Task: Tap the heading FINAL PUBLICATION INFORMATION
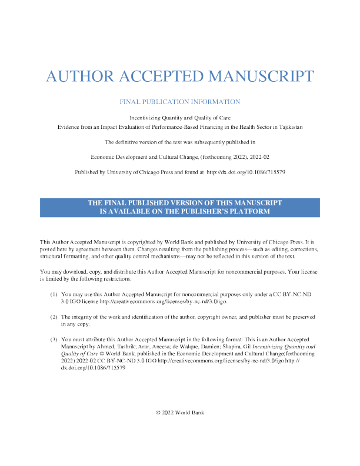point(179,102)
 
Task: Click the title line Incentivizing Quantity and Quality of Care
point(179,118)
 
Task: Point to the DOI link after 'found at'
point(246,172)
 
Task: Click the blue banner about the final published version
point(179,208)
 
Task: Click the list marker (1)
point(54,294)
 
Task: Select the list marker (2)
point(54,317)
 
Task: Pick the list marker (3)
point(54,339)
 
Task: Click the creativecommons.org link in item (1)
point(164,301)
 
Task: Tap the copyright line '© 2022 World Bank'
point(180,412)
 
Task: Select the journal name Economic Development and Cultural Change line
point(179,157)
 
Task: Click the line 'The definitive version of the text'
point(179,142)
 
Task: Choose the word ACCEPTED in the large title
point(161,76)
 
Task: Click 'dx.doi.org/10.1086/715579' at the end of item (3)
point(93,368)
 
